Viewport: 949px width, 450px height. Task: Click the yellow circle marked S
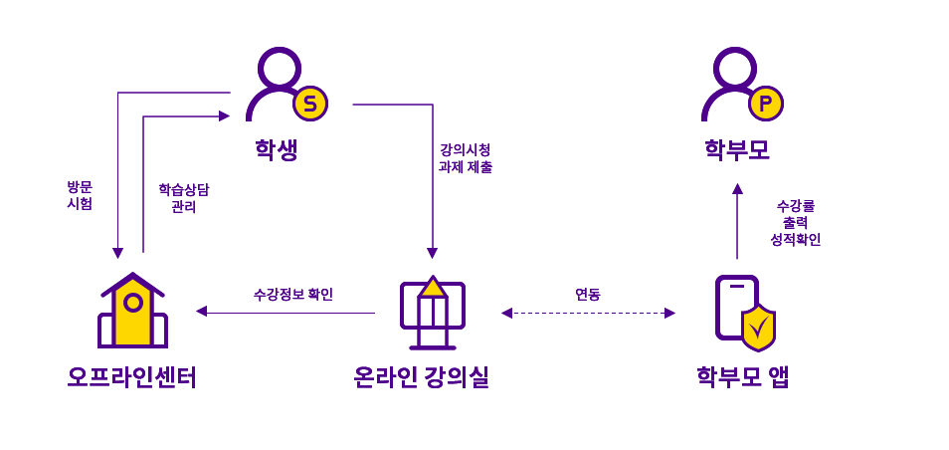tap(310, 104)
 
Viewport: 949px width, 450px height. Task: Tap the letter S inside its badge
tap(310, 104)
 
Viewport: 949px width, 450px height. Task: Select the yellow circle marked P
tap(766, 104)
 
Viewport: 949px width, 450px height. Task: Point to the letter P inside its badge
tap(766, 104)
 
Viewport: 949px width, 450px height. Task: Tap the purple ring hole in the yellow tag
tap(133, 302)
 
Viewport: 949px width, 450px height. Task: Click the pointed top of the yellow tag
tap(132, 281)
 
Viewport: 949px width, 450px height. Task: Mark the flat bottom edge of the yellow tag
tap(132, 343)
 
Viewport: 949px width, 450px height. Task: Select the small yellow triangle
tap(433, 289)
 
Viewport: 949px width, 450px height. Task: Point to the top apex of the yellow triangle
tap(433, 280)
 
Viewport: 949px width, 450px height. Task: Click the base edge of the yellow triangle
tap(433, 295)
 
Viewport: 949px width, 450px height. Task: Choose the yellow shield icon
tap(758, 329)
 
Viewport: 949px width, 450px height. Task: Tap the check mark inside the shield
tap(758, 328)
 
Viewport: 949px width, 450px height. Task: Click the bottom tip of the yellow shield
tap(758, 348)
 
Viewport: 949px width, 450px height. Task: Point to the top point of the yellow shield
tap(758, 308)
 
